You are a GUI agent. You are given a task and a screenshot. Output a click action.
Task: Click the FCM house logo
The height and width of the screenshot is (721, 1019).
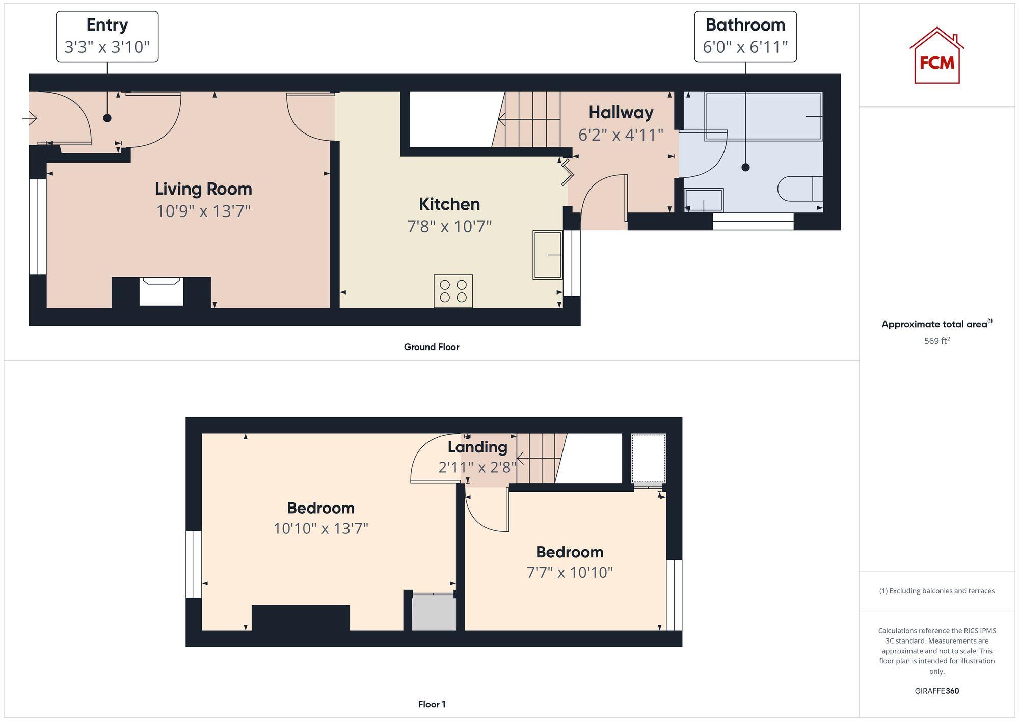(x=936, y=56)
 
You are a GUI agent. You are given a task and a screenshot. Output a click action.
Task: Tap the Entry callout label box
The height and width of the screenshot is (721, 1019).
(x=107, y=37)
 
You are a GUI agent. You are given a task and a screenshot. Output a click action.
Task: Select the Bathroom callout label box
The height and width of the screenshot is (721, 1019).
(x=745, y=37)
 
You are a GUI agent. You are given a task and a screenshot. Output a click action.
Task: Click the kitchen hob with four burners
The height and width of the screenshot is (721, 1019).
(x=453, y=291)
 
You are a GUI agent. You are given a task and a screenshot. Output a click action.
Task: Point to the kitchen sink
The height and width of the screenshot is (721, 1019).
(x=548, y=255)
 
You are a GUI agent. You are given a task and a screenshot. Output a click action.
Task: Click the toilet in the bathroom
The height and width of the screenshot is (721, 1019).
(x=800, y=189)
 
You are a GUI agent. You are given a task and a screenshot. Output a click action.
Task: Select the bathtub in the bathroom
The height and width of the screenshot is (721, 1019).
(x=763, y=116)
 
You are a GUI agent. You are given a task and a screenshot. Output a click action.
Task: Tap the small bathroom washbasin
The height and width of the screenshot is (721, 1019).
(x=704, y=200)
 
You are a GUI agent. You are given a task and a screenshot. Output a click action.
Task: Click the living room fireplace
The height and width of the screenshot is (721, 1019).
(x=161, y=292)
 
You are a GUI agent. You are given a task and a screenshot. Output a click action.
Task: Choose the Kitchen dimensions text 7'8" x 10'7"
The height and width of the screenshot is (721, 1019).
(x=449, y=226)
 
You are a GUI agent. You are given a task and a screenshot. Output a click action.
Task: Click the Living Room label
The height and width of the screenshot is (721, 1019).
(x=203, y=189)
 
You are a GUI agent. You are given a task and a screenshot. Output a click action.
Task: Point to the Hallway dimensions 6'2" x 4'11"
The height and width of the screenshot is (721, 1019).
(x=621, y=135)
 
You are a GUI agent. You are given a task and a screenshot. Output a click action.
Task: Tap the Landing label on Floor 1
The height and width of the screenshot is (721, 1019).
(x=477, y=447)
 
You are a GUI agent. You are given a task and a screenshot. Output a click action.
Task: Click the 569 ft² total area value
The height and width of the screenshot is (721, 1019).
(x=936, y=341)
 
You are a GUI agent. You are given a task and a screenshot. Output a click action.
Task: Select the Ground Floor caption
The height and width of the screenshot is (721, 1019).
(x=432, y=347)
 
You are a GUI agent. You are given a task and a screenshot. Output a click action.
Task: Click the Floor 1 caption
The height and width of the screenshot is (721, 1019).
(x=432, y=704)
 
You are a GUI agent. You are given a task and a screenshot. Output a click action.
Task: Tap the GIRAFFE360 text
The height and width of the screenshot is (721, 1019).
(x=936, y=691)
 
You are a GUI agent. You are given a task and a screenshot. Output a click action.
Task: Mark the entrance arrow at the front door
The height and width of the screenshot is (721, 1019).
(x=30, y=119)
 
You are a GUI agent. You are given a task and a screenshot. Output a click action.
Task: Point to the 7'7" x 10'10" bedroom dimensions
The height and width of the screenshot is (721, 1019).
(x=569, y=573)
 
